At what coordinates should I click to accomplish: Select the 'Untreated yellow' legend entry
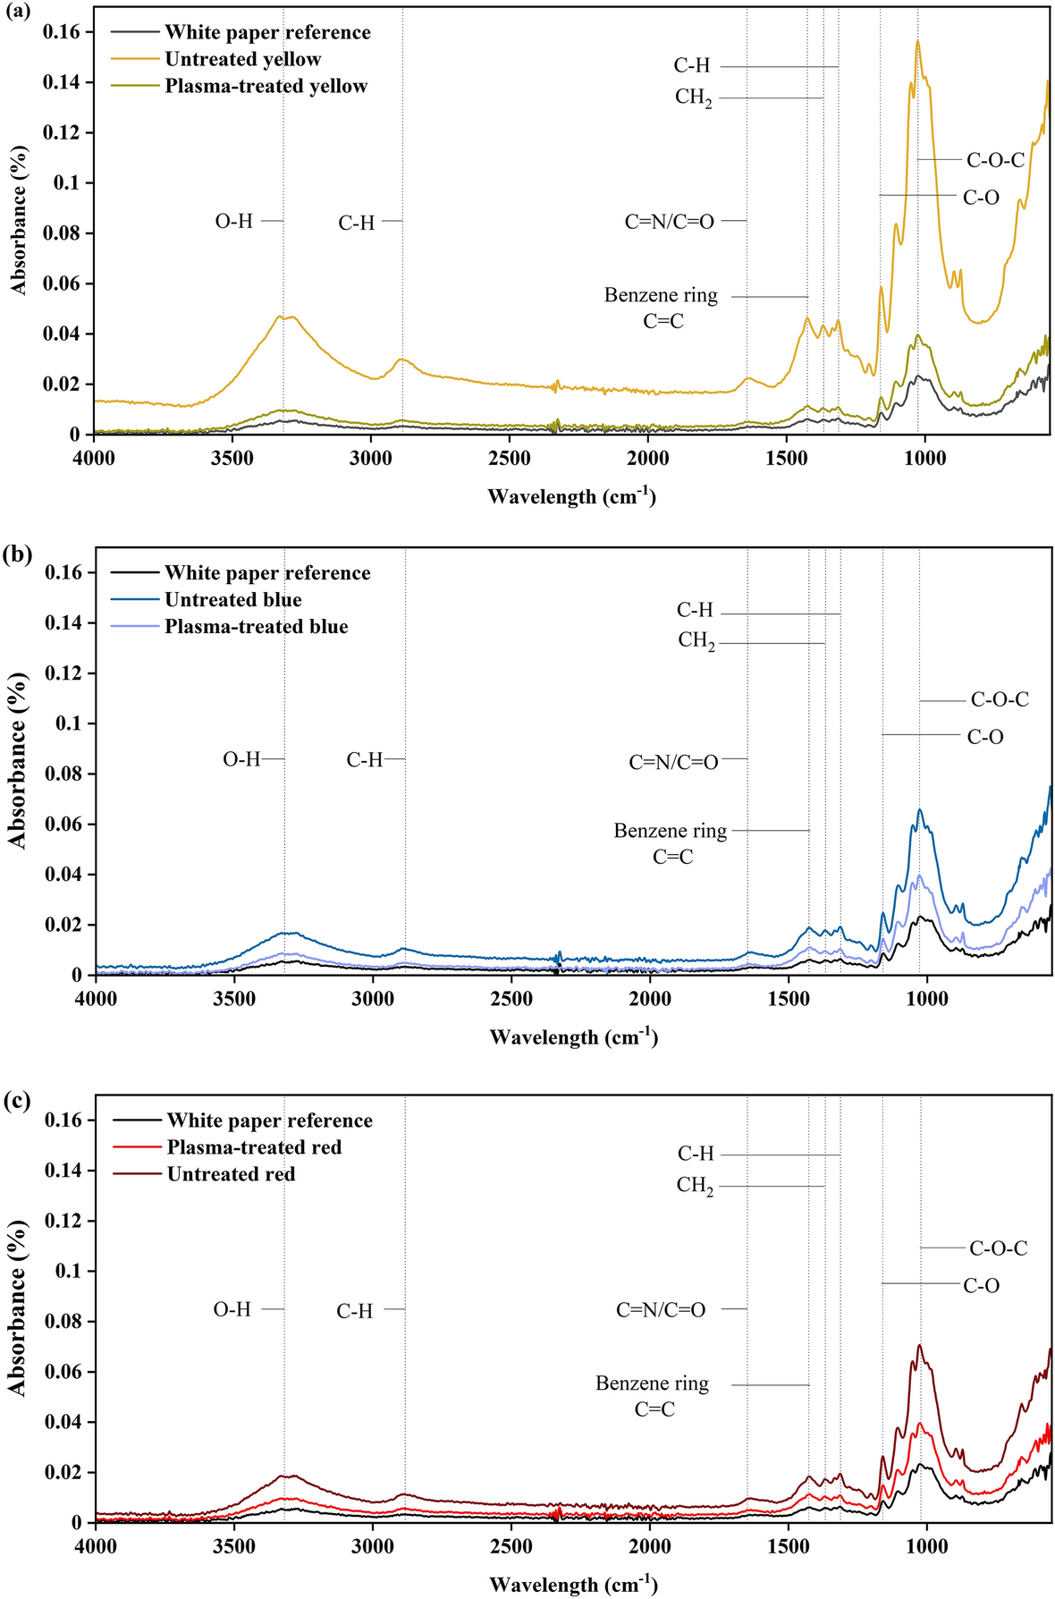coord(242,60)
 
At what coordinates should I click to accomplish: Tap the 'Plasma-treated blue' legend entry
coord(256,627)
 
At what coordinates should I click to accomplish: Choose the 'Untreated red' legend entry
coord(231,1174)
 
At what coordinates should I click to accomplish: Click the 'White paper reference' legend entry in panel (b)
coord(267,573)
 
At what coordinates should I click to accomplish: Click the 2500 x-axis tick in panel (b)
coord(511,998)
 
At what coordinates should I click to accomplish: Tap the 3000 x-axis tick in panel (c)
coord(373,1546)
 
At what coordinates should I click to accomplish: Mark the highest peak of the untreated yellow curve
coord(917,41)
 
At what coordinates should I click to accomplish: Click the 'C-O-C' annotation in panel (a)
coord(995,161)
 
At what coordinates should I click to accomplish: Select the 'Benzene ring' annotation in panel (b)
coord(670,831)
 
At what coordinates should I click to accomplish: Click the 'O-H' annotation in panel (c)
coord(232,1309)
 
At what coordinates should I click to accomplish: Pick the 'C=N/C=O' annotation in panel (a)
coord(669,222)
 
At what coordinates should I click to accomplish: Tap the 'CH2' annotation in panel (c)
coord(695,1187)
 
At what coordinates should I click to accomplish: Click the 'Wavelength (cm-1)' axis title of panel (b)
coord(573,1037)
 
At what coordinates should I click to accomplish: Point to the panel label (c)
coord(18,1101)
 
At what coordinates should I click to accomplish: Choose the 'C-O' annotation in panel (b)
coord(985,738)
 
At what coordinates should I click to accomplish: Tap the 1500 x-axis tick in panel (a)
coord(786,458)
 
